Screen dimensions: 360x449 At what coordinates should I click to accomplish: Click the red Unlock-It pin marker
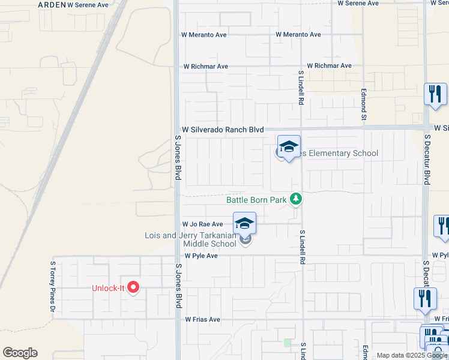click(x=133, y=287)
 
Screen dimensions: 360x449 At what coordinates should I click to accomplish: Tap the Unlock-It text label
click(x=108, y=288)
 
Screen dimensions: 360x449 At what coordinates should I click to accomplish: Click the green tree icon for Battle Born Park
click(x=295, y=198)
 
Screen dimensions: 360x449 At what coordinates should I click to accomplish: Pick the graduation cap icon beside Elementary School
click(x=289, y=147)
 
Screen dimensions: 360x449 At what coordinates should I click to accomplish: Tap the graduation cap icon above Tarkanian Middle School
click(x=244, y=224)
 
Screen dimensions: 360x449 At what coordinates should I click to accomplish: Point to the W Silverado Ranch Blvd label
click(x=223, y=130)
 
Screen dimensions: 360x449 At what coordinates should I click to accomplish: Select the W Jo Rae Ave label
click(x=202, y=224)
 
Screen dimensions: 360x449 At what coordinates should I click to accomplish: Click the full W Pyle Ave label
click(x=200, y=256)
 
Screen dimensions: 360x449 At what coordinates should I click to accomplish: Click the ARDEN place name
click(x=52, y=4)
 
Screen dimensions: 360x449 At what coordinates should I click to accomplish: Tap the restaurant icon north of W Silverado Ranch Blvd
click(x=435, y=95)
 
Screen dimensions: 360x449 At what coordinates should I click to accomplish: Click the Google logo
click(x=20, y=353)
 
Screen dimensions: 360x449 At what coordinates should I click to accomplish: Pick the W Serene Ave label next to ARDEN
click(x=88, y=4)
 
